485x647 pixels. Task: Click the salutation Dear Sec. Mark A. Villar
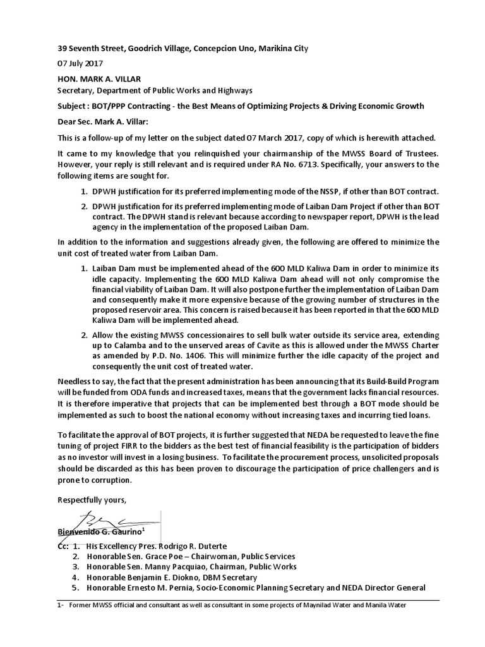pos(105,122)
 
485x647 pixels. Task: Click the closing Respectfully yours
pos(92,500)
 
